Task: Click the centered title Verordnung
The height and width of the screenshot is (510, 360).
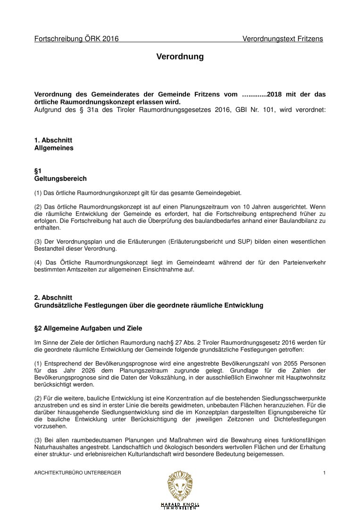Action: point(180,57)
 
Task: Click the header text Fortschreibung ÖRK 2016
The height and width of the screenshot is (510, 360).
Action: point(76,39)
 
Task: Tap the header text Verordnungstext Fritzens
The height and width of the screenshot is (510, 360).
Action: point(283,39)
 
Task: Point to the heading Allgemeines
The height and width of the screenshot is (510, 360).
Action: point(54,148)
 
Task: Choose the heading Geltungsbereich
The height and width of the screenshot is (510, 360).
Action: point(60,179)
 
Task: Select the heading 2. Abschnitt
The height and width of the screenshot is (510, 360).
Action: point(53,297)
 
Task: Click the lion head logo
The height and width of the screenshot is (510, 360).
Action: point(180,484)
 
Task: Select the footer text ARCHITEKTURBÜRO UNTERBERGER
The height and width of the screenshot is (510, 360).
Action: point(78,473)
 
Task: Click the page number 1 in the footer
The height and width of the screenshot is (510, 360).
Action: point(324,473)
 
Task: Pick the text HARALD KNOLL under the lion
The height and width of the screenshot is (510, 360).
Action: point(180,504)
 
